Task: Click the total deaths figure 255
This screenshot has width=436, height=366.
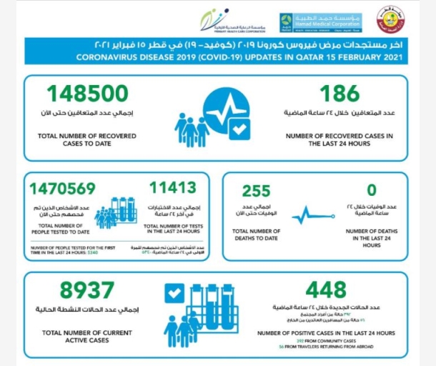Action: [256, 192]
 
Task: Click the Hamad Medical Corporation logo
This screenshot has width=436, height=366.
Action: [320, 21]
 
